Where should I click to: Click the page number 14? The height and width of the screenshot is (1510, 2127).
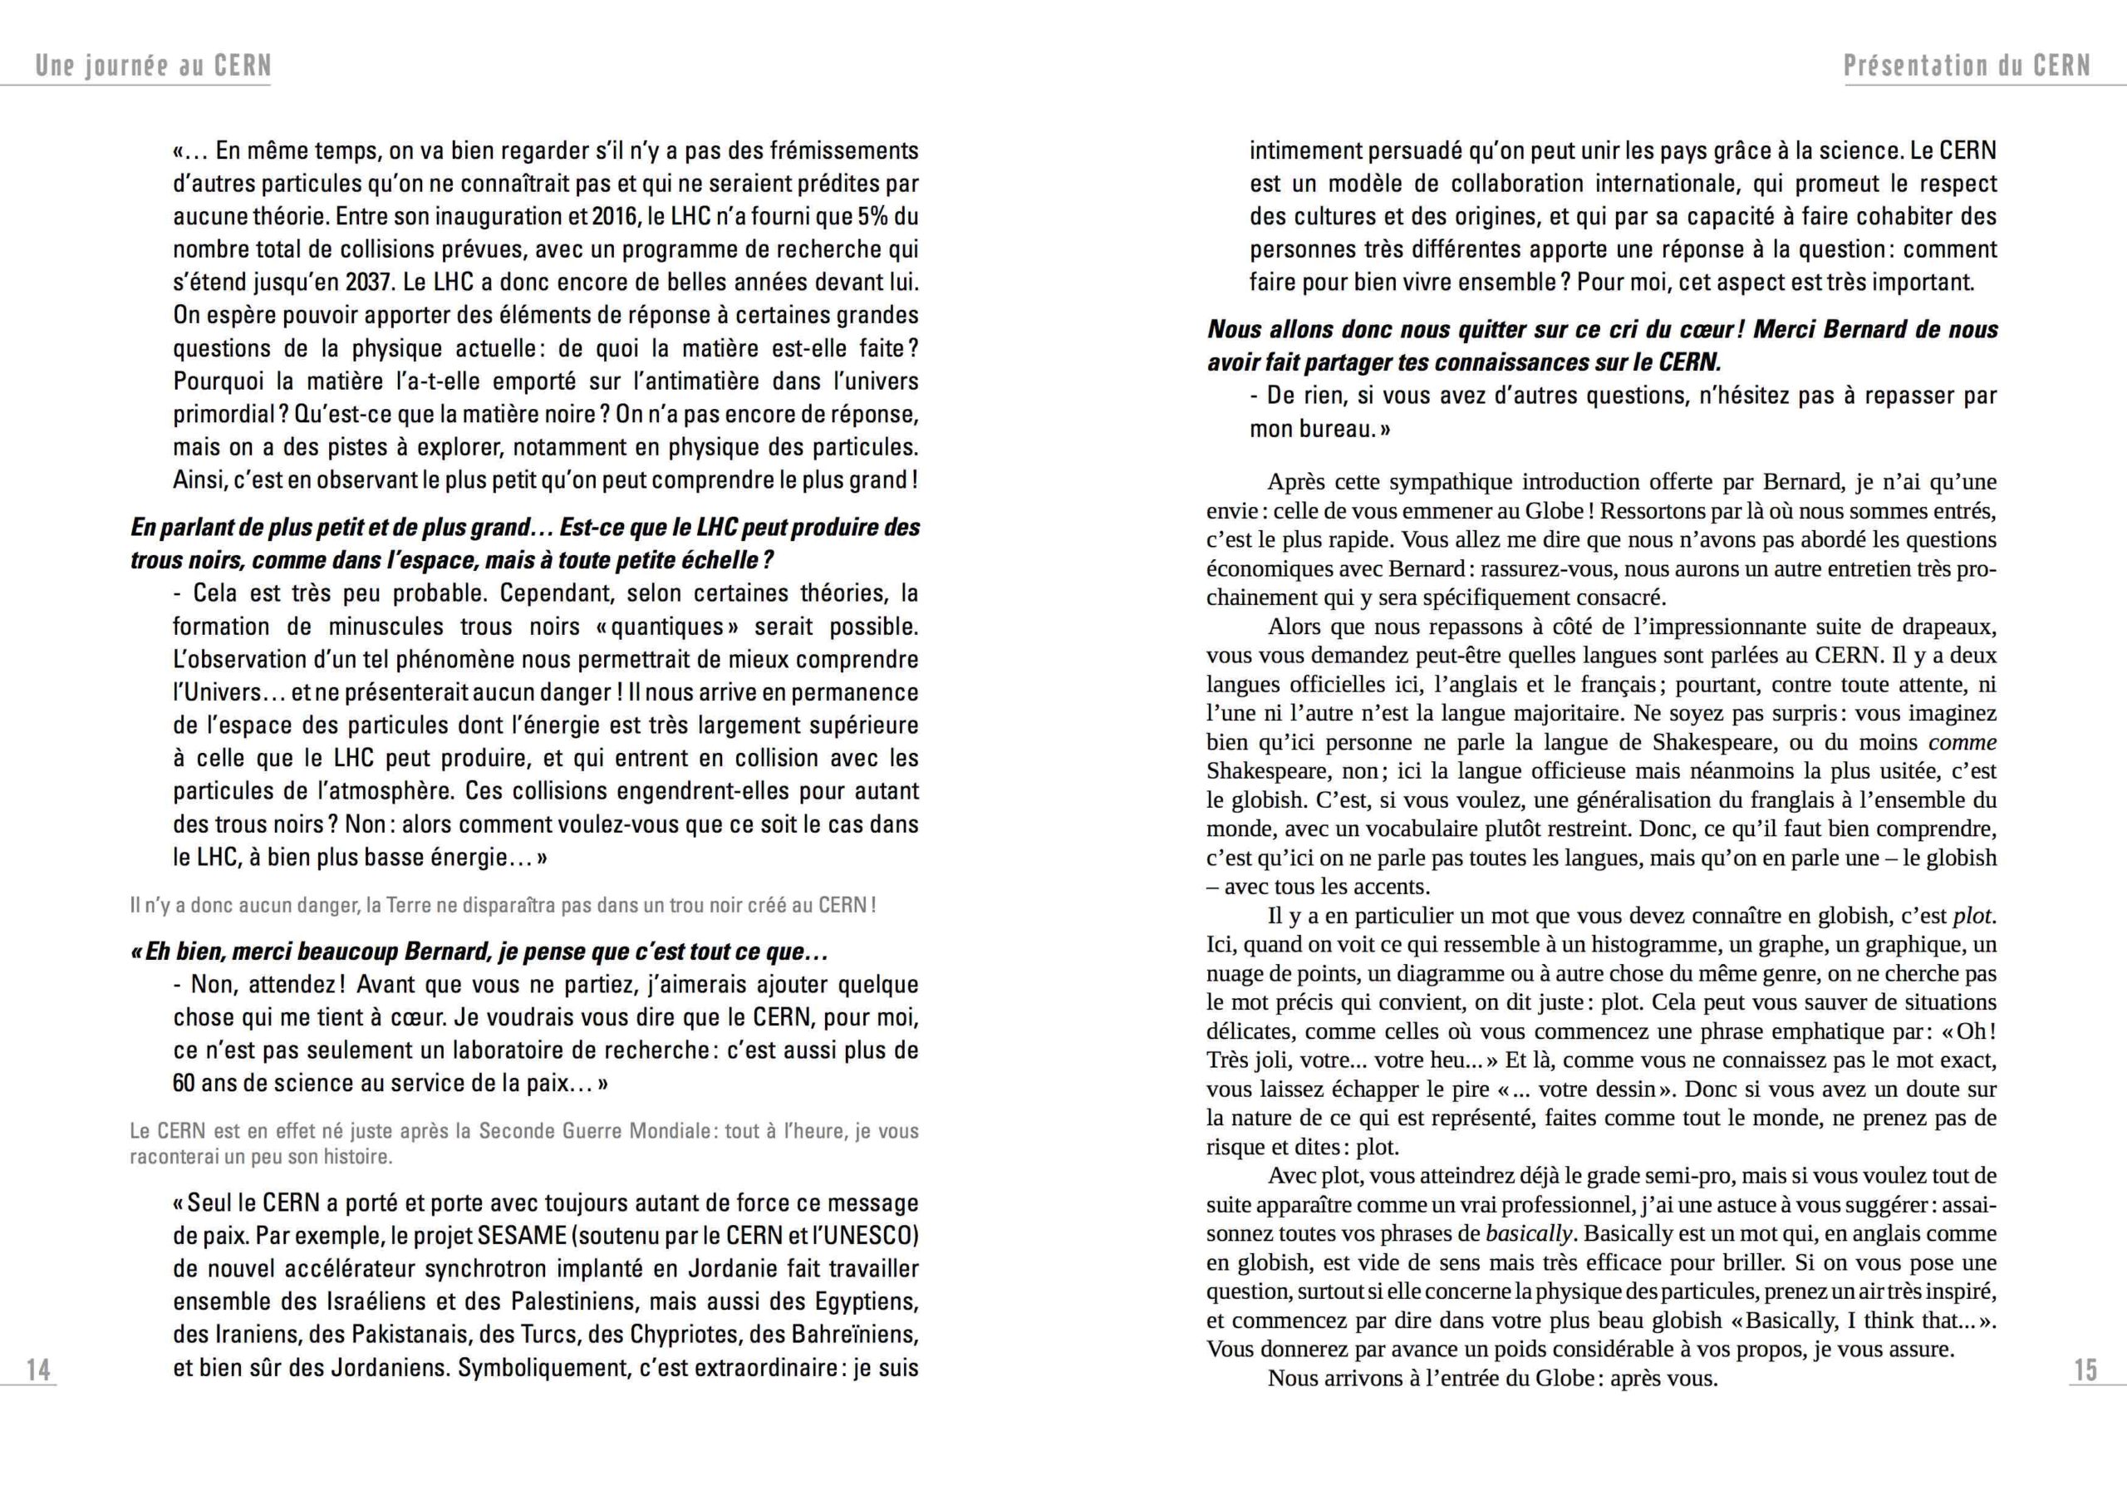coord(38,1370)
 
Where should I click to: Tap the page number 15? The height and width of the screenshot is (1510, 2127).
coord(2085,1370)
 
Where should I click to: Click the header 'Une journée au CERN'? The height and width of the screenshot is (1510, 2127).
coord(154,66)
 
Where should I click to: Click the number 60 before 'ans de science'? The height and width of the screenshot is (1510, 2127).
coord(185,1083)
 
